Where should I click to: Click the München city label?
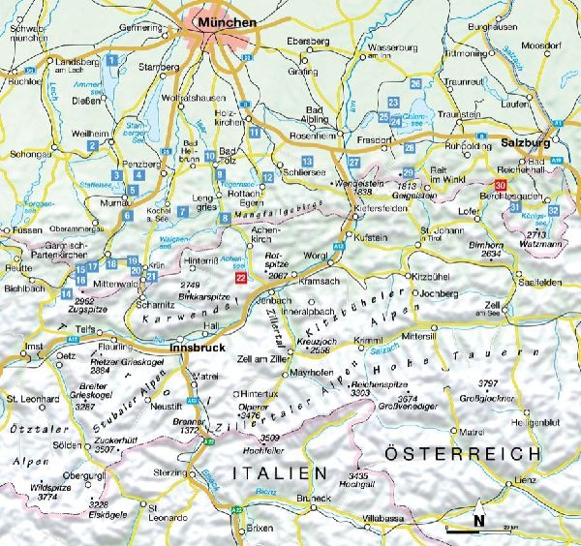[225, 20]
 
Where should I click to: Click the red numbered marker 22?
[241, 277]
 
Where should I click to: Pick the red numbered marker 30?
[500, 185]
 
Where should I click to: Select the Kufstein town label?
[373, 237]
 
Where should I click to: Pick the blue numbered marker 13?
[307, 159]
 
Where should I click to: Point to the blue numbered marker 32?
[553, 210]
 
